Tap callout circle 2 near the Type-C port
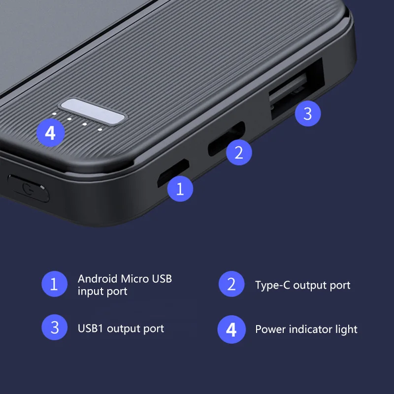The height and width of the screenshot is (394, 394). (x=239, y=152)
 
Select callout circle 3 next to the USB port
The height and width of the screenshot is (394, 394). (x=307, y=114)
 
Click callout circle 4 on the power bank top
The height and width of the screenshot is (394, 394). (x=50, y=132)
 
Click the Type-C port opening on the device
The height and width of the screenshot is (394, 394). (x=226, y=139)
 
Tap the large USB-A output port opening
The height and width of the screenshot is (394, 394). (x=295, y=89)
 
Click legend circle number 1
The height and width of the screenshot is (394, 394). (x=55, y=284)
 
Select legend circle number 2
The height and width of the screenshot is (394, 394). (x=231, y=284)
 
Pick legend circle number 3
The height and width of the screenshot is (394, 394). (x=55, y=328)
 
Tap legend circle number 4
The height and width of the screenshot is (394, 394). (x=231, y=329)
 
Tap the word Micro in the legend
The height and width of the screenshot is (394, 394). (x=133, y=279)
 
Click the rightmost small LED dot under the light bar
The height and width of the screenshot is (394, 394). (x=100, y=130)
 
